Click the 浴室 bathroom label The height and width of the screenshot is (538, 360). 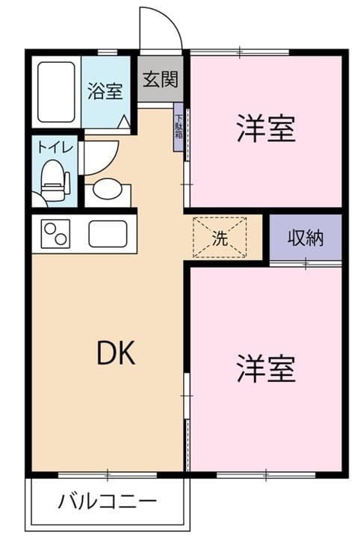pos(105,92)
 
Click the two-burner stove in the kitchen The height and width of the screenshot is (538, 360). pos(56,235)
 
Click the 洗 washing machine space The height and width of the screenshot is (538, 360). pos(220,238)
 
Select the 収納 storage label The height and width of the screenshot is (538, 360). pos(305,238)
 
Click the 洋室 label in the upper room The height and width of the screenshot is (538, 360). pos(266,129)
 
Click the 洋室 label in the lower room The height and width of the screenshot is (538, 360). pos(266,368)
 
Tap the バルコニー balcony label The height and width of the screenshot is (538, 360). pos(108,501)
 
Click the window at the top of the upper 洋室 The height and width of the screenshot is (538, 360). pos(240,52)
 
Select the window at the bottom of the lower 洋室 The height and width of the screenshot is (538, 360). pos(266,473)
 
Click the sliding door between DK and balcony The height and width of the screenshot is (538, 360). pos(108,473)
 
